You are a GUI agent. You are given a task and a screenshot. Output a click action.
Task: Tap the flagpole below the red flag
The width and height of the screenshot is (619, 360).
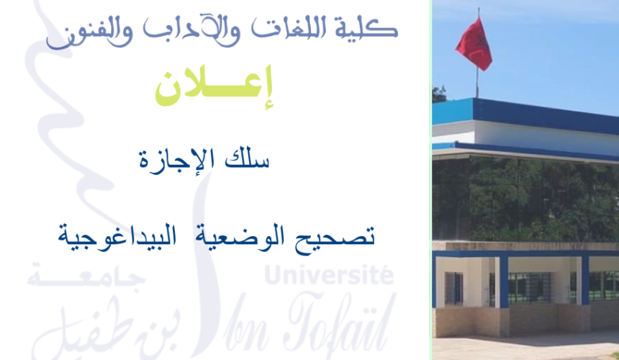click(476, 83)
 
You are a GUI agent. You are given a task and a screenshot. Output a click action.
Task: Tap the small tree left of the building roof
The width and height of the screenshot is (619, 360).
click(438, 94)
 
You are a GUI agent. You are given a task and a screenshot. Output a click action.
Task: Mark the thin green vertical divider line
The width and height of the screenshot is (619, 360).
click(430, 180)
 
